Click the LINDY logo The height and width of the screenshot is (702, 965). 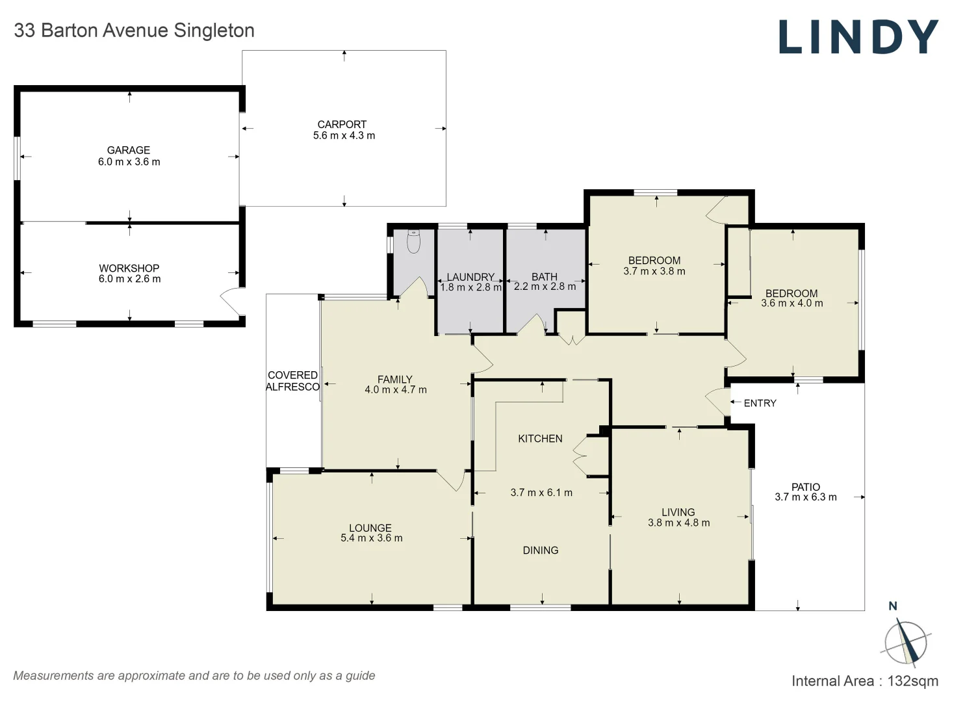[858, 37]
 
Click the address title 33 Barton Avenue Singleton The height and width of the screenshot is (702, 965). [134, 31]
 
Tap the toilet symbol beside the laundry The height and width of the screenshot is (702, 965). [413, 242]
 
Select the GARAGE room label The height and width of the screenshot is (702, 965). [129, 150]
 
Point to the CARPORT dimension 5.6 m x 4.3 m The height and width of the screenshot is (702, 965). [344, 136]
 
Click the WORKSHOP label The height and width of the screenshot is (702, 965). [129, 268]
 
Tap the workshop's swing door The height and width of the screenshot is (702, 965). [231, 302]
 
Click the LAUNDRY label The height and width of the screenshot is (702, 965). [470, 277]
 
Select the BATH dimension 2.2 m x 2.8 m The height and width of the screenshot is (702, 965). [545, 287]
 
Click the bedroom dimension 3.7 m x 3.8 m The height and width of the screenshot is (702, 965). [654, 272]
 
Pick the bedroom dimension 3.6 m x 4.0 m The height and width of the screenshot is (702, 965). [791, 304]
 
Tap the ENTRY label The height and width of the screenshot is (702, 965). [760, 403]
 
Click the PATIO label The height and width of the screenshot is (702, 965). [805, 487]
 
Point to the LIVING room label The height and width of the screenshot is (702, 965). [678, 512]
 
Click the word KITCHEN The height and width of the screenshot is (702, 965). [540, 439]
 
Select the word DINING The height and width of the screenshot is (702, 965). [540, 551]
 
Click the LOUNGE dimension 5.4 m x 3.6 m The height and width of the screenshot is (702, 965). [371, 538]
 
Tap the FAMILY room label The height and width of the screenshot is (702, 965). [394, 380]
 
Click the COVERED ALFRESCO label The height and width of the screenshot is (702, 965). [292, 381]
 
